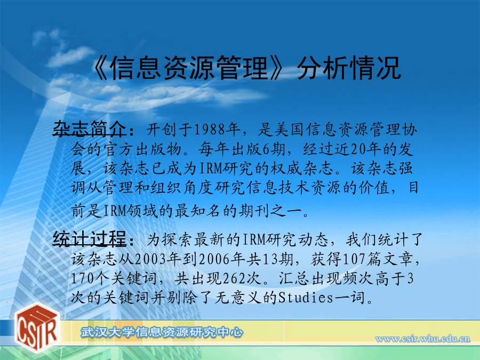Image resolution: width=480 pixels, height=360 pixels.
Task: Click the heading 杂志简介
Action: [x=90, y=129]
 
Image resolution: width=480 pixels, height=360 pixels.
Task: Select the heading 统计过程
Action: [x=90, y=239]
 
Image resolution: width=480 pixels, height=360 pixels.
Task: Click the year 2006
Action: [x=214, y=260]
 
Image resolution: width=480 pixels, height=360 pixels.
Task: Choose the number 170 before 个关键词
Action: [x=82, y=278]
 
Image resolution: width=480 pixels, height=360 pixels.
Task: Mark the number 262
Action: [x=234, y=278]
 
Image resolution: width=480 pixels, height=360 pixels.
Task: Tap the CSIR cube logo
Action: [x=36, y=327]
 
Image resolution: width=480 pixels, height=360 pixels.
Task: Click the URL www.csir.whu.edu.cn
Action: [x=422, y=339]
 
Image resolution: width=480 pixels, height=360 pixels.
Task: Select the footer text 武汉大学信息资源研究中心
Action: [x=162, y=332]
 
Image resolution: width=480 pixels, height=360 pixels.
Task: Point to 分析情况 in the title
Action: [x=348, y=68]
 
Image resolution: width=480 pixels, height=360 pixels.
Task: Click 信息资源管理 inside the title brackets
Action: [x=189, y=68]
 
